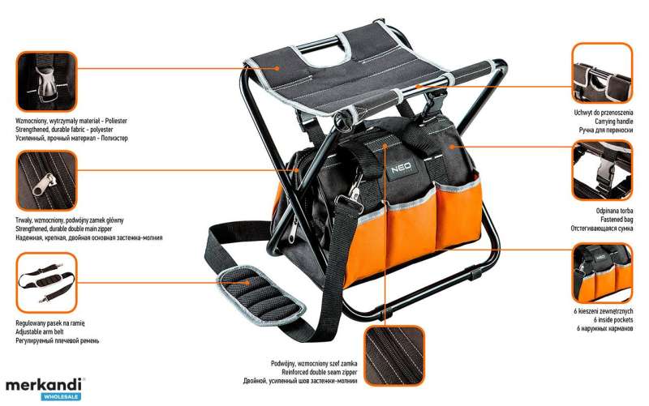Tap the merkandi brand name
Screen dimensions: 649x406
(x=43, y=385)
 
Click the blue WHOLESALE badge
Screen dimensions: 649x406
(x=61, y=397)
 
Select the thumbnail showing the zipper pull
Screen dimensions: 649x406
(x=46, y=180)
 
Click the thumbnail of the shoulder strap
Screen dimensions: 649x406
(x=46, y=283)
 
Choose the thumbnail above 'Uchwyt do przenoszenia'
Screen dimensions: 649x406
(x=602, y=73)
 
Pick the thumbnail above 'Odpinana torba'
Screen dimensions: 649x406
(x=602, y=170)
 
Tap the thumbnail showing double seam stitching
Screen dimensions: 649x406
(x=394, y=356)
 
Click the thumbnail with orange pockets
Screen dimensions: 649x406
(x=602, y=273)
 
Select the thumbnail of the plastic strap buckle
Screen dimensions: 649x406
(x=46, y=82)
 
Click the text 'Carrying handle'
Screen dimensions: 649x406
(x=614, y=121)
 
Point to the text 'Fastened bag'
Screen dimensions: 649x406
(x=617, y=220)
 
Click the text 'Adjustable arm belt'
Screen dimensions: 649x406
(x=40, y=331)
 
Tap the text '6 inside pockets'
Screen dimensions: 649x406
(x=613, y=319)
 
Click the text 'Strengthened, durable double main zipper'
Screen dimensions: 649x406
(x=64, y=229)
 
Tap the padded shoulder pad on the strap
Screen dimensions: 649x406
(x=260, y=295)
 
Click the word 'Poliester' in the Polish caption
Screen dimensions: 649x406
(x=116, y=121)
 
